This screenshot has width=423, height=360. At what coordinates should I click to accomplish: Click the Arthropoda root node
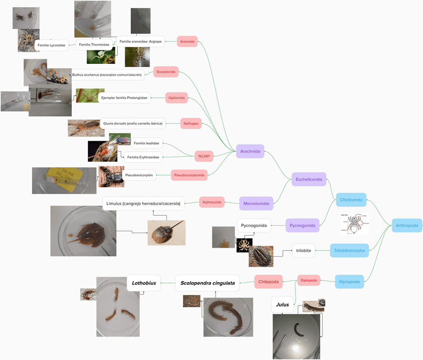[x=407, y=226]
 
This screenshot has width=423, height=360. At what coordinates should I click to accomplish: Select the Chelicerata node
[x=351, y=200]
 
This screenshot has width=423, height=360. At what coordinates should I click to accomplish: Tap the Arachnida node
[x=250, y=151]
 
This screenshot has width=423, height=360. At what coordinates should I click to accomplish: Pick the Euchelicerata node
[x=309, y=179]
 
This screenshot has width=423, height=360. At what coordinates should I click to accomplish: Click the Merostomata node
[x=256, y=203]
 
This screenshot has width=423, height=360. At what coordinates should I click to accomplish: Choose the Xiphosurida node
[x=211, y=202]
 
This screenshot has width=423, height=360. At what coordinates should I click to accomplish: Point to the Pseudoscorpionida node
[x=189, y=175]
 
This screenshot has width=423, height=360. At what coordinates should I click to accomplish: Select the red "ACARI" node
[x=204, y=156]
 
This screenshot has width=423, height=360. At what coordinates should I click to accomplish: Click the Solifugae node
[x=191, y=123]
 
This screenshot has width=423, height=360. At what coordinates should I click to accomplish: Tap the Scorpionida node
[x=166, y=72]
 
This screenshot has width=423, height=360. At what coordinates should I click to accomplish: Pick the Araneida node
[x=188, y=41]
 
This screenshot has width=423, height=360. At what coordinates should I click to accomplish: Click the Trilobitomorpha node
[x=349, y=250]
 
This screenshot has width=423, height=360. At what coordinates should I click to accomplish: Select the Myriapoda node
[x=349, y=282]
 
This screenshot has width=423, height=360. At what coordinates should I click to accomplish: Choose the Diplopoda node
[x=309, y=281]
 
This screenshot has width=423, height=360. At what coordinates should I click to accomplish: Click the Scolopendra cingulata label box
[x=207, y=283]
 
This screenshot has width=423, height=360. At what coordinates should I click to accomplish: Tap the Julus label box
[x=282, y=305]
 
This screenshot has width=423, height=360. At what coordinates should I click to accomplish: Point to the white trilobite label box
[x=303, y=250]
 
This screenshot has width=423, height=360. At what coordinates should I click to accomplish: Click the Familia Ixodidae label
[x=147, y=143]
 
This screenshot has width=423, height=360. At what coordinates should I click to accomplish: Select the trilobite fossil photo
[x=261, y=256]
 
